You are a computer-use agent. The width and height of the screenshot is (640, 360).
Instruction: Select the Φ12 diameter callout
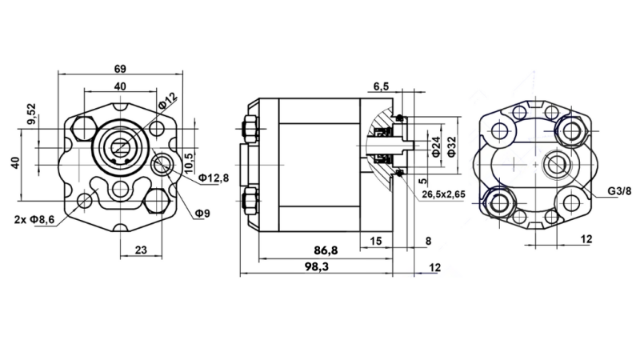point(167,102)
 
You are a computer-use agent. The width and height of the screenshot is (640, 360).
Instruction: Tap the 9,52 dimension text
point(31,114)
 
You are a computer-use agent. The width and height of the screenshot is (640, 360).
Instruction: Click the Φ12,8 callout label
point(214,177)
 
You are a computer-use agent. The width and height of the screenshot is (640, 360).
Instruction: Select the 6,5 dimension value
point(381,86)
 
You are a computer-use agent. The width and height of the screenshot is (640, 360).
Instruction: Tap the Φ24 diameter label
point(436,146)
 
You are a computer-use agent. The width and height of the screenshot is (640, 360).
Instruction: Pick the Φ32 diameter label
point(453,146)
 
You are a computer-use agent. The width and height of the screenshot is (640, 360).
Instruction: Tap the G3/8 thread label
point(618,191)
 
